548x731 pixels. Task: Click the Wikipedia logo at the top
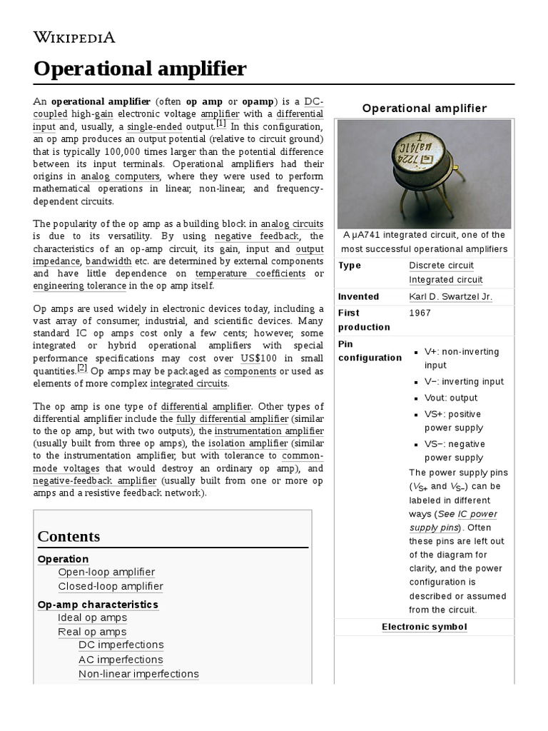[x=74, y=37]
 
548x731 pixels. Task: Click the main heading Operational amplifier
[x=141, y=69]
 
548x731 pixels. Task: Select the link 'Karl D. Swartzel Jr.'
[x=450, y=296]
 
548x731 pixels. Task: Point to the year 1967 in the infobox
[x=420, y=313]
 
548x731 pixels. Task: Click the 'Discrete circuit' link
[x=441, y=265]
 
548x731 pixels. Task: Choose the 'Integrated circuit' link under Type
[x=445, y=280]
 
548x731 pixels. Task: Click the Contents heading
[x=68, y=536]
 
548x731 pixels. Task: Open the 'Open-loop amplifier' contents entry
[x=106, y=572]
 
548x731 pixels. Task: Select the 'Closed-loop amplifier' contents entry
[x=111, y=586]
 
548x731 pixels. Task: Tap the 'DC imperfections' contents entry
[x=121, y=645]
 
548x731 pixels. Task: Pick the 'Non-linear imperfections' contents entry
[x=138, y=674]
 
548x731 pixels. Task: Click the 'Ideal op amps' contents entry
[x=93, y=617]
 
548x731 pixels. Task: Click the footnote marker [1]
[x=221, y=123]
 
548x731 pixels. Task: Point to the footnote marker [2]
[x=82, y=368]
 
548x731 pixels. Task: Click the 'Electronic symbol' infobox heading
[x=424, y=627]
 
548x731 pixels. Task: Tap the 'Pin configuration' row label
[x=360, y=351]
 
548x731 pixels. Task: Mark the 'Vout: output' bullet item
[x=451, y=398]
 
